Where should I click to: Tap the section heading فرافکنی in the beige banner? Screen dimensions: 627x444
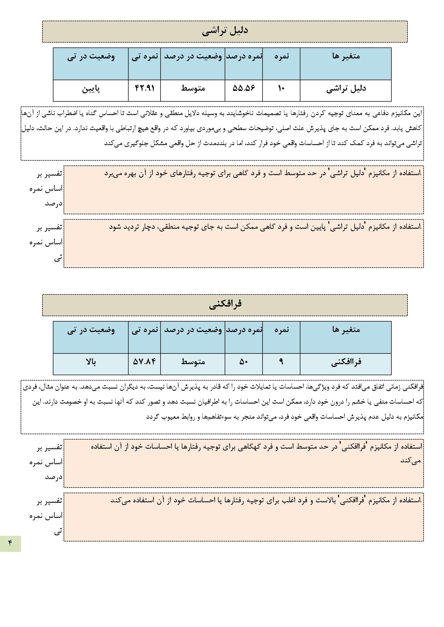pyautogui.click(x=225, y=304)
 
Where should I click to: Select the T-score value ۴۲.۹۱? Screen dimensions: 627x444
pyautogui.click(x=144, y=88)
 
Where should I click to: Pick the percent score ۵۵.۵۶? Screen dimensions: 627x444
pyautogui.click(x=243, y=88)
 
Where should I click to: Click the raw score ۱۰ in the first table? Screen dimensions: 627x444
pyautogui.click(x=281, y=88)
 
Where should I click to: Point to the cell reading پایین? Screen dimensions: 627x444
pyautogui.click(x=91, y=89)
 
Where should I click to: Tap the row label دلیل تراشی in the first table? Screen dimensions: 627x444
pyautogui.click(x=346, y=89)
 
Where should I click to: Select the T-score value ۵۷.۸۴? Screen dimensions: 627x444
pyautogui.click(x=144, y=362)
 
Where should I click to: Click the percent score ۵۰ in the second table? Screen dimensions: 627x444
pyautogui.click(x=243, y=362)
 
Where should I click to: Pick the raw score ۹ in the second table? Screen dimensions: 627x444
pyautogui.click(x=281, y=362)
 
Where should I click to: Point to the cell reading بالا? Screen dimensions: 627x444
pyautogui.click(x=91, y=362)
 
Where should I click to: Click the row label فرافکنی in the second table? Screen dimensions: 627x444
pyautogui.click(x=346, y=362)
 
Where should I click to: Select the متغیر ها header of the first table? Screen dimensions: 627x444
pyautogui.click(x=346, y=56)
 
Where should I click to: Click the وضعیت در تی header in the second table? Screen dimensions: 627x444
pyautogui.click(x=91, y=330)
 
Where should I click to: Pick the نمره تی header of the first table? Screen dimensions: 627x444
pyautogui.click(x=145, y=57)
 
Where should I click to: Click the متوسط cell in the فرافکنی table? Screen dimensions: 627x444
pyautogui.click(x=193, y=362)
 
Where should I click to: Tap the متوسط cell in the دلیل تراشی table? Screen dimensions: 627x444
pyautogui.click(x=193, y=88)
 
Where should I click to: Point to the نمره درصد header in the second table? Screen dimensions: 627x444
pyautogui.click(x=244, y=330)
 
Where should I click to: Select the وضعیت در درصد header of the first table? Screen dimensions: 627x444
pyautogui.click(x=193, y=57)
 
